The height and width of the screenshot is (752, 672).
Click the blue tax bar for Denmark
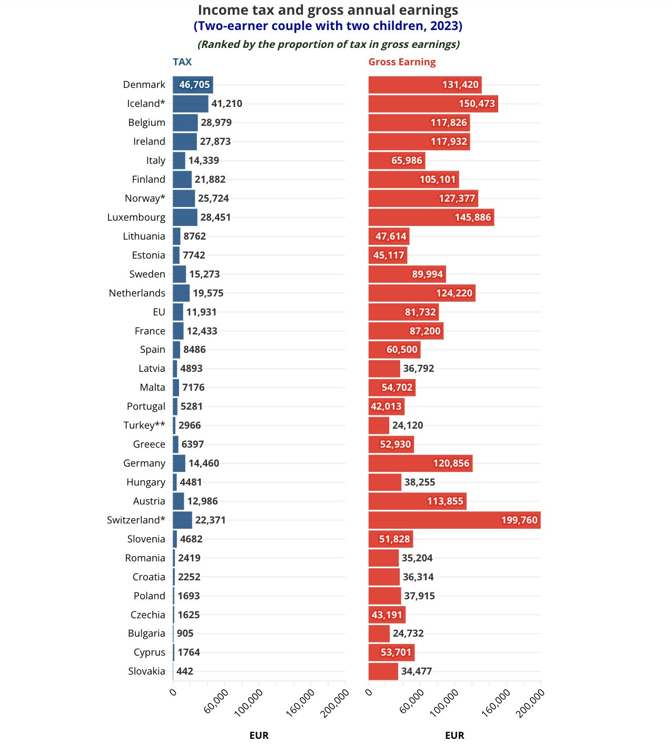tap(193, 85)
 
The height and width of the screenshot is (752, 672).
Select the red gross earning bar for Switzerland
tap(454, 520)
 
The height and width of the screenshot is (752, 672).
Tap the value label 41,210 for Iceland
tap(226, 104)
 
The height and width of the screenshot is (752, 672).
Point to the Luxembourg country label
tap(136, 217)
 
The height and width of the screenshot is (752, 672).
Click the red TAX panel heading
tap(182, 62)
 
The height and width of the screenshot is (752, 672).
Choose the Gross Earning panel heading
tap(402, 62)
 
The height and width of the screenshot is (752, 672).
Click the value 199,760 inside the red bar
tap(519, 520)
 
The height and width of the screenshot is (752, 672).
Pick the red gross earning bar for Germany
tap(420, 463)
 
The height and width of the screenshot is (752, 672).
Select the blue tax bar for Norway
tap(184, 199)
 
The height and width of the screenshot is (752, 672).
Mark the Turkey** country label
tap(144, 426)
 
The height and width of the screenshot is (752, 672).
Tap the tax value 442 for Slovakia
tap(185, 671)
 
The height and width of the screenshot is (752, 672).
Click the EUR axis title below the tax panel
tap(259, 736)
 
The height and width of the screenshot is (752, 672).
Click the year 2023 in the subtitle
tap(446, 26)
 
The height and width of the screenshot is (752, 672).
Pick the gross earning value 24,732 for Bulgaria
tap(408, 634)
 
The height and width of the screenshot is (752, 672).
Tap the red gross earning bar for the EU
tap(403, 312)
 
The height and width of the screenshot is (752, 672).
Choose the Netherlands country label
tap(137, 293)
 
